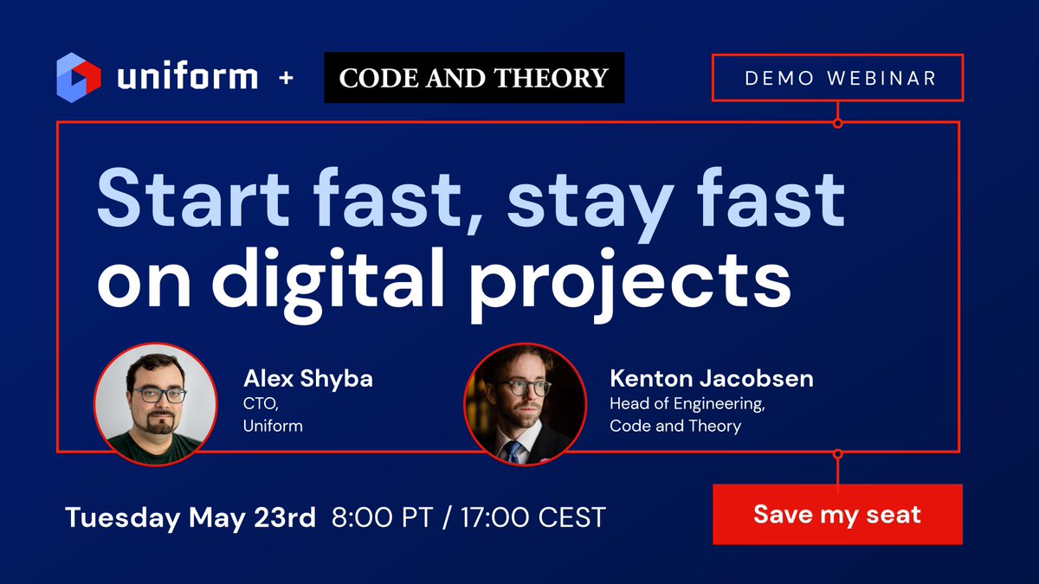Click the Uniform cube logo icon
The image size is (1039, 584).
click(x=79, y=76)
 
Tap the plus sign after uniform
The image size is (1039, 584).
click(x=287, y=78)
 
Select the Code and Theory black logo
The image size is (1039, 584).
click(x=474, y=78)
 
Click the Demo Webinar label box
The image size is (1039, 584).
click(x=837, y=78)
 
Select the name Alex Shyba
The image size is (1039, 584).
click(x=307, y=379)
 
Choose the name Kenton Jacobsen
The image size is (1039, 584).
click(x=712, y=378)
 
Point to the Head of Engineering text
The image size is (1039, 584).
click(x=687, y=403)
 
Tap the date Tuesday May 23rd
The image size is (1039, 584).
click(x=190, y=517)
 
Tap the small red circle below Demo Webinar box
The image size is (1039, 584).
click(x=837, y=123)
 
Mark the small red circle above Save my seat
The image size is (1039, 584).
click(x=837, y=453)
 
